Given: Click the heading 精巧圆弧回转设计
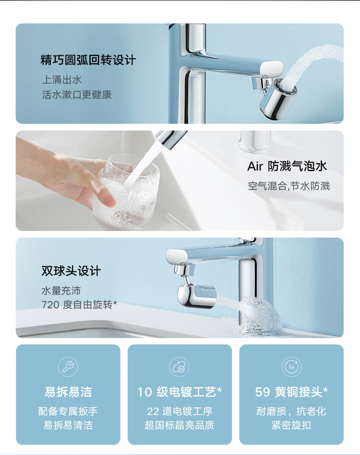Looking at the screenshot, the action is click(x=88, y=60).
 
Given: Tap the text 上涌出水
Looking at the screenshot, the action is click(x=62, y=79).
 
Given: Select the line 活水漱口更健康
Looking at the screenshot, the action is click(x=77, y=95).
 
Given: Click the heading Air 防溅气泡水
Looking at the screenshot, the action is click(x=287, y=166).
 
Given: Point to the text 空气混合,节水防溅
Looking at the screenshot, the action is click(x=288, y=186).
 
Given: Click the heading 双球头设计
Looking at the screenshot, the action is click(x=71, y=271).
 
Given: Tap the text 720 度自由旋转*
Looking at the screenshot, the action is click(x=79, y=305).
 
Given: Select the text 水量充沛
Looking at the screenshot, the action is click(x=61, y=291).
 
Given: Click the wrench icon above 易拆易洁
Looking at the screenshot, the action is click(x=68, y=367).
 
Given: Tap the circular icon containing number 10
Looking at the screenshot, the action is click(x=180, y=367).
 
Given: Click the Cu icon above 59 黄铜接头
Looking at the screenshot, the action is click(x=291, y=367).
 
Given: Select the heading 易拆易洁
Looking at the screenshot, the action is click(x=68, y=392).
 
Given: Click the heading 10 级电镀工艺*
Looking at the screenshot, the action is click(x=180, y=392).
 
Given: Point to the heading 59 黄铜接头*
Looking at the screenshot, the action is click(x=291, y=392).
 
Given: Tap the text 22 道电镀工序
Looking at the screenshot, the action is click(x=180, y=411).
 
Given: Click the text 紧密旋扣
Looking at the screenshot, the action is click(x=291, y=425).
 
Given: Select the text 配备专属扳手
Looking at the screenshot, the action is click(x=68, y=411).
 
